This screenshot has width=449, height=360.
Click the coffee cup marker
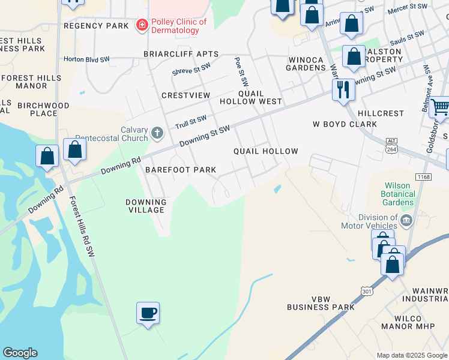pyautogui.click(x=148, y=313)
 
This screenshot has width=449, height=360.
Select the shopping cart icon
pyautogui.click(x=440, y=108)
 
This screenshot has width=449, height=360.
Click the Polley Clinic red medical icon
pyautogui.click(x=142, y=25)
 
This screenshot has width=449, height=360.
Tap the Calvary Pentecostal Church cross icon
pyautogui.click(x=157, y=133)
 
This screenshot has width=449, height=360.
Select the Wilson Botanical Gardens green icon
pyautogui.click(x=407, y=203)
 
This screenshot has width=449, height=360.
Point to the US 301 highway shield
pyautogui.click(x=367, y=290)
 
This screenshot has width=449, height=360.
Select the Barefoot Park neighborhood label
pyautogui.click(x=181, y=170)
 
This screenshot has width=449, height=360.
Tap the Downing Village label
pyautogui.click(x=145, y=206)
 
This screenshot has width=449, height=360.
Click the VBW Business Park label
pyautogui.click(x=321, y=303)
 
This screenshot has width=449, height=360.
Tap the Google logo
pyautogui.click(x=20, y=353)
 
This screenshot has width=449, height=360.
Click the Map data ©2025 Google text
pyautogui.click(x=411, y=355)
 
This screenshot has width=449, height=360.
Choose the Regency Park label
pyautogui.click(x=96, y=26)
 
